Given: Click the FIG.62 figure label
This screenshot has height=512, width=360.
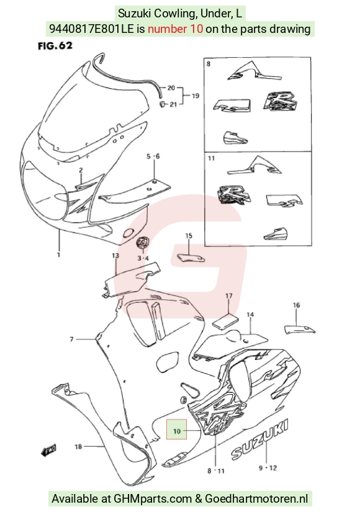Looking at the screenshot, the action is tap(55, 46).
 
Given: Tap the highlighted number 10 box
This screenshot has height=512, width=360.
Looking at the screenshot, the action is tap(176, 429).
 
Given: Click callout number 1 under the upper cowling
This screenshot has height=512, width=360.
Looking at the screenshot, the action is tap(59, 254).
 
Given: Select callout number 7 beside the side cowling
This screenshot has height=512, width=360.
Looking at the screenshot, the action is tap(71, 339).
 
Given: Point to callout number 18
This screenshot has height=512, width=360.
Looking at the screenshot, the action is tap(78, 446).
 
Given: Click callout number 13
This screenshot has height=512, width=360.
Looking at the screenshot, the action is tap(115, 256).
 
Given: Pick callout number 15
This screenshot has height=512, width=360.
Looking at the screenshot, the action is tap(189, 236).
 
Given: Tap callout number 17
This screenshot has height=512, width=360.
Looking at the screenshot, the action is tap(229, 296).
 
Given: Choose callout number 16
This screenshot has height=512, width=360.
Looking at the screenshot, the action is tap(296, 305).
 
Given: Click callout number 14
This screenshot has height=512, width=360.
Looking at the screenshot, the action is tap(250, 315).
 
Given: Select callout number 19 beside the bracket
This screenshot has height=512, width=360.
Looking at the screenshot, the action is tap(196, 96).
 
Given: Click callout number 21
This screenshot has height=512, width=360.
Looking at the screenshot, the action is tap(173, 104).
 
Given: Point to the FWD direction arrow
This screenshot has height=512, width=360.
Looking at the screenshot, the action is tap(48, 450).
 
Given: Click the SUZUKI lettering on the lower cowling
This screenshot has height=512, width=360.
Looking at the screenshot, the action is tap(260, 439).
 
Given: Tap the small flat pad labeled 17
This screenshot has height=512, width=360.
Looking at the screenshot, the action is tap(226, 320).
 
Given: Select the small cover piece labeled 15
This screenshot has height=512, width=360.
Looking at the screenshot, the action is tap(191, 258).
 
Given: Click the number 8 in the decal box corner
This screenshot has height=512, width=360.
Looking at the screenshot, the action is tap(209, 64).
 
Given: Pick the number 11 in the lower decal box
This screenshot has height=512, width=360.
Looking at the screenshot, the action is tap(212, 158).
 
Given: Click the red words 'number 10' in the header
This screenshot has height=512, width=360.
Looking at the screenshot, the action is tap(175, 29).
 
